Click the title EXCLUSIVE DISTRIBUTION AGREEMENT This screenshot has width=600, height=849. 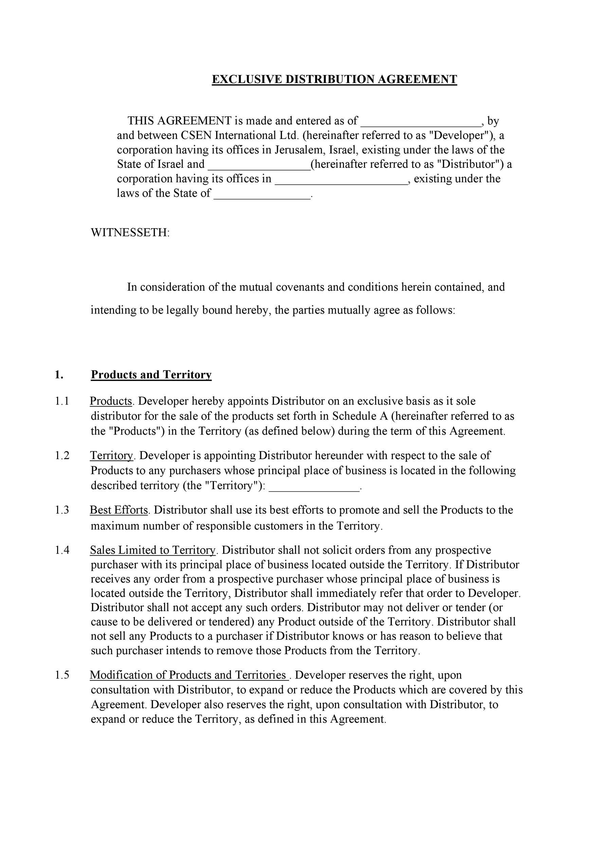[334, 79]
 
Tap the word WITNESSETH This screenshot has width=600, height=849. [130, 233]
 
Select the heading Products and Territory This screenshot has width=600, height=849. [151, 375]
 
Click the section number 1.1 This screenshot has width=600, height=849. [62, 401]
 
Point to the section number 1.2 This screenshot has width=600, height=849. [62, 455]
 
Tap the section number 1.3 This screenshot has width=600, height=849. [62, 510]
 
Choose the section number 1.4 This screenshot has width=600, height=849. [62, 550]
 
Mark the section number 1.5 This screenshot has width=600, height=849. [62, 675]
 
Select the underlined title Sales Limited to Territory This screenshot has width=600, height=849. [153, 550]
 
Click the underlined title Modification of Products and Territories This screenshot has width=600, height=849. [188, 675]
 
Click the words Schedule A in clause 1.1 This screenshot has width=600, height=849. [360, 416]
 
